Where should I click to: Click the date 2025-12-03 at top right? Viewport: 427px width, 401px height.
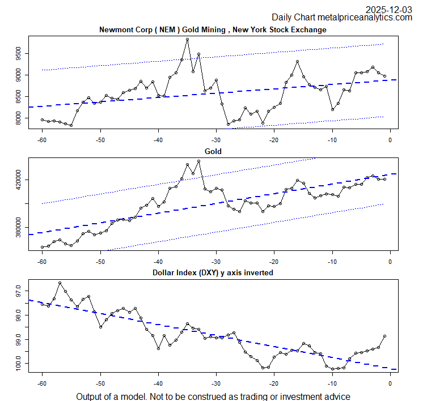pyautogui.click(x=388, y=9)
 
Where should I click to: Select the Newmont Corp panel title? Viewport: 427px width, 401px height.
pyautogui.click(x=213, y=29)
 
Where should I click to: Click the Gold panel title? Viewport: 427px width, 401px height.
pyautogui.click(x=213, y=152)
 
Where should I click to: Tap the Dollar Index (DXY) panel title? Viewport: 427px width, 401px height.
pyautogui.click(x=213, y=272)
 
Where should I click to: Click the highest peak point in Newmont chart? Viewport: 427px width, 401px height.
pyautogui.click(x=187, y=39)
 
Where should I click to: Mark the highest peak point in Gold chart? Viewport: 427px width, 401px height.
pyautogui.click(x=187, y=163)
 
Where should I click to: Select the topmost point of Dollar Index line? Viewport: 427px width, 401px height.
pyautogui.click(x=60, y=283)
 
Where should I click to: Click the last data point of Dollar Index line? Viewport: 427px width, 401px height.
pyautogui.click(x=384, y=336)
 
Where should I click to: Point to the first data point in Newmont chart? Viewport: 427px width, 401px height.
pyautogui.click(x=42, y=120)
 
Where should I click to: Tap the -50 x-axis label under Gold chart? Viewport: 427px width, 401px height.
pyautogui.click(x=100, y=261)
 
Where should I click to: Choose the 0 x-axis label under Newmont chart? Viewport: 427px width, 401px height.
pyautogui.click(x=390, y=139)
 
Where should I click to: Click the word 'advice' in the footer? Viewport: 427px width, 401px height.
pyautogui.click(x=336, y=396)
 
